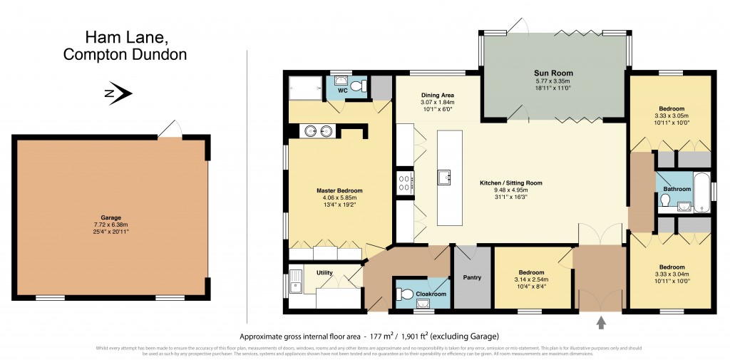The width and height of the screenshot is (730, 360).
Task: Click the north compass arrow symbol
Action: click(119, 92)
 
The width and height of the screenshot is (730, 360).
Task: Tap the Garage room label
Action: click(110, 217)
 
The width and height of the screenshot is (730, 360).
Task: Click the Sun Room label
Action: click(553, 73)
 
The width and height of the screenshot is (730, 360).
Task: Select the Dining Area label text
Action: click(438, 95)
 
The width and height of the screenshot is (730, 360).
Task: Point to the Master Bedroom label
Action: click(339, 190)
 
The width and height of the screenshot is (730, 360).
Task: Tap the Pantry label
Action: click(473, 277)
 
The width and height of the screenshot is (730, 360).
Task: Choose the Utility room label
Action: click(314, 272)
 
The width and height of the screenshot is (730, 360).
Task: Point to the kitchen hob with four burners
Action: click(405, 183)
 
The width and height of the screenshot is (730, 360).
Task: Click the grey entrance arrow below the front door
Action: click(601, 323)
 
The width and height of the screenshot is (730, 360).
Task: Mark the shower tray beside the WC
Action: click(305, 88)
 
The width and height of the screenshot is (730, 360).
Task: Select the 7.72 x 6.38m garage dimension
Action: click(110, 224)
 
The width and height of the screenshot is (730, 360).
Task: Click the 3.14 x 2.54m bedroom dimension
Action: click(531, 279)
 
